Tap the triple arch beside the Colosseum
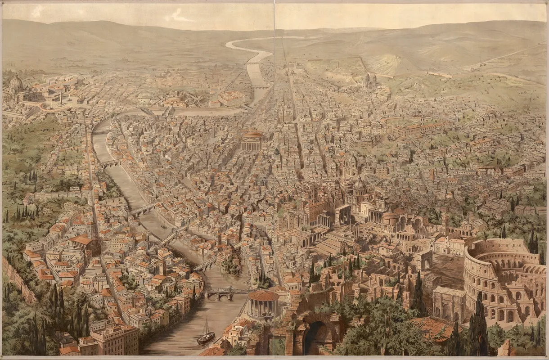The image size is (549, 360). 448,304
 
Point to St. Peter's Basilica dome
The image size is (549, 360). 16,84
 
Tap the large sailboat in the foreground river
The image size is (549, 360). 206,333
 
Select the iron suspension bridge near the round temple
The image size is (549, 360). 223,292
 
